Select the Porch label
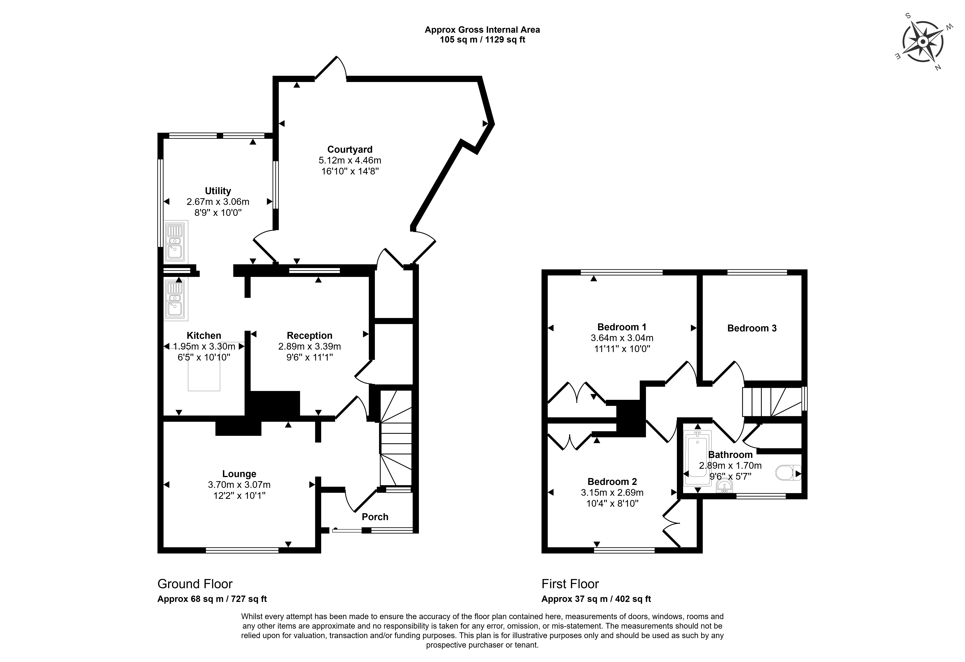[375, 517]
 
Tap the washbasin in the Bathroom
[724, 486]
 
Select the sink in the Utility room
[176, 242]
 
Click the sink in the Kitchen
[176, 299]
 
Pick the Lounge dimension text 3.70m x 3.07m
[239, 484]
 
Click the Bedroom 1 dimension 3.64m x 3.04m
[622, 338]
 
